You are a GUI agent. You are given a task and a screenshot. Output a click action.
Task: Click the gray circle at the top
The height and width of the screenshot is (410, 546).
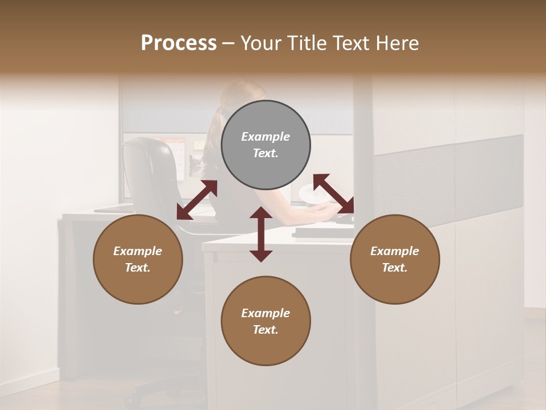tap(266, 145)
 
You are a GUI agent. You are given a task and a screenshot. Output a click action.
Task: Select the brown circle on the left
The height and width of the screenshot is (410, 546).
tap(138, 259)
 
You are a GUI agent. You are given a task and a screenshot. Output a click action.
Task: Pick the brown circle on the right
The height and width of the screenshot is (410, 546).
tap(395, 259)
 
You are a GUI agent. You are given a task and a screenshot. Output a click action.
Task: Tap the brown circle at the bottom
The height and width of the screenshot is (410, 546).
tap(266, 321)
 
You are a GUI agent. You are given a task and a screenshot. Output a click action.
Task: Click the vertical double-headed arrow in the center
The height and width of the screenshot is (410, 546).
tap(261, 234)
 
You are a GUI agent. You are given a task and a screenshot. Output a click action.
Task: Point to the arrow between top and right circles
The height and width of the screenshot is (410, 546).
tap(333, 194)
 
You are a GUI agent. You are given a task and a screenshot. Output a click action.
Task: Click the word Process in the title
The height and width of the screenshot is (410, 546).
tap(179, 43)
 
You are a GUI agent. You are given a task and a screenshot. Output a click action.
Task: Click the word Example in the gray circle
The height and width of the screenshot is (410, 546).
tap(266, 137)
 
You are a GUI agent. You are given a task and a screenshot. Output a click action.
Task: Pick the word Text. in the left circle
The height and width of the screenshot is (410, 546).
tap(138, 268)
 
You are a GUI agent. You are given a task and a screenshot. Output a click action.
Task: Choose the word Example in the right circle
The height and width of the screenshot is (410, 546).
tap(395, 251)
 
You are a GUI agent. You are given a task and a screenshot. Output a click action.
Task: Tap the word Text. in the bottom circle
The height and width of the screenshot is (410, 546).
tap(266, 330)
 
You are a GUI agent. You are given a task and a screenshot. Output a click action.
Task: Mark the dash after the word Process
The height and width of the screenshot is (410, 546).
tap(229, 43)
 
